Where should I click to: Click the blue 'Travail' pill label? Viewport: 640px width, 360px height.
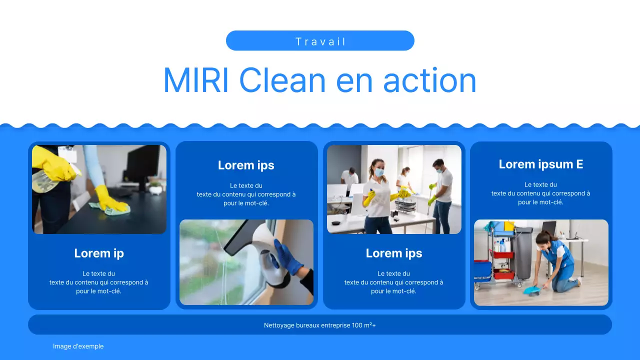coord(320,41)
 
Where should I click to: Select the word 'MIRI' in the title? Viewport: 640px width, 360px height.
coord(195,80)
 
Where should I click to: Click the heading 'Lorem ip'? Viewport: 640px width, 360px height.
coord(99,253)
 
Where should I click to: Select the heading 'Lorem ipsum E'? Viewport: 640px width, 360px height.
coord(541,164)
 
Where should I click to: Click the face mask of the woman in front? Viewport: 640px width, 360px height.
coord(379,172)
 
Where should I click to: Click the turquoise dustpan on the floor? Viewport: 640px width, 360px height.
coord(530,290)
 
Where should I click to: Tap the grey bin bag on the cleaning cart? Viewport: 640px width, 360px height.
coord(523,252)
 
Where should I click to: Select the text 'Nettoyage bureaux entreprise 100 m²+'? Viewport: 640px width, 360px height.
coord(320,325)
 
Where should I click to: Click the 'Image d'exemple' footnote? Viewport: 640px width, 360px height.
coord(78,346)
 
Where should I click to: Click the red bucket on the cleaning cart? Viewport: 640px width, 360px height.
coord(503,274)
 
